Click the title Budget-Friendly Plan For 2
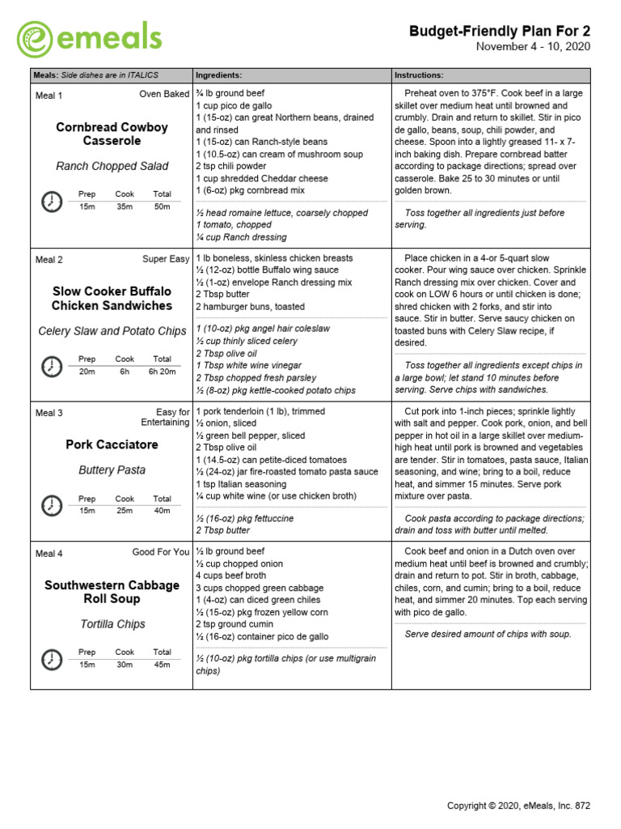coord(500,31)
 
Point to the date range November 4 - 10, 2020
coord(533,47)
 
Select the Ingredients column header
coord(218,74)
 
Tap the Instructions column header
coord(419,74)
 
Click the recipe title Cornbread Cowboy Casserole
coord(112,134)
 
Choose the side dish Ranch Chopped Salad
coord(112,166)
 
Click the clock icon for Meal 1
coord(51,201)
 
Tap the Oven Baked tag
coord(164,95)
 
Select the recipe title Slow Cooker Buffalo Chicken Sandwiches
coord(112,299)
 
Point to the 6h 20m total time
coord(163,372)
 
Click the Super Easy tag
coord(166,260)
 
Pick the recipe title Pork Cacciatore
coord(112,444)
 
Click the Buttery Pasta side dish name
coord(112,470)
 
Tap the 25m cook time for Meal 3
coord(125,510)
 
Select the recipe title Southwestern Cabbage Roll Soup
coord(112,592)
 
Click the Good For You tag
coord(161,552)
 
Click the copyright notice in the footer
coord(519,806)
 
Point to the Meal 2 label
coord(49,260)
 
